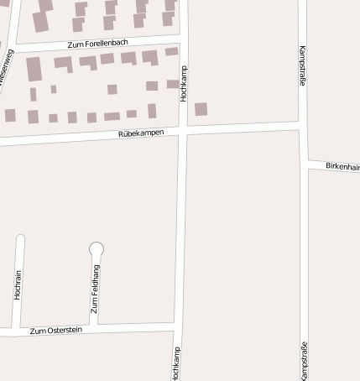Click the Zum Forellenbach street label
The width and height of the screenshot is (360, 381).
(x=98, y=43)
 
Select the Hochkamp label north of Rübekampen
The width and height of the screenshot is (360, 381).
(x=183, y=84)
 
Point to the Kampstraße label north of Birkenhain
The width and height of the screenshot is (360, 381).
(x=302, y=66)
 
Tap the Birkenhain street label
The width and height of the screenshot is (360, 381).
(x=342, y=167)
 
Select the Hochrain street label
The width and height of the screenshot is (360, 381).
(x=18, y=285)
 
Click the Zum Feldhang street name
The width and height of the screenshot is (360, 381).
(x=95, y=288)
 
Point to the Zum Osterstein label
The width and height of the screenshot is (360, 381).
(x=56, y=331)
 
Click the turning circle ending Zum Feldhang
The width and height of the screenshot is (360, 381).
(x=97, y=248)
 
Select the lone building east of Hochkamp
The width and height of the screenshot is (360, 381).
(x=201, y=109)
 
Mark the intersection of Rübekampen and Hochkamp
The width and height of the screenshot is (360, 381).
(x=184, y=130)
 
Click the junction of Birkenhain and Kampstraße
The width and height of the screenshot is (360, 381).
(x=304, y=162)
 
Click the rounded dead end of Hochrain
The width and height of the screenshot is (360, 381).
(x=20, y=239)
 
